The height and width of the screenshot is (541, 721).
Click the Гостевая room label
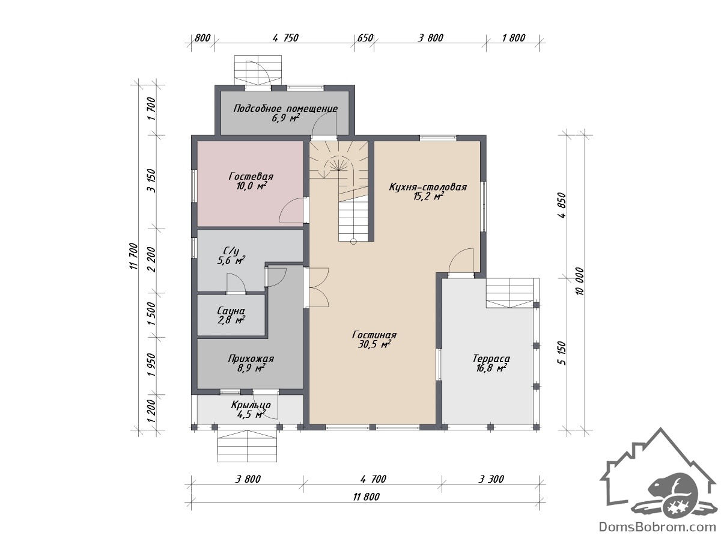click(x=251, y=176)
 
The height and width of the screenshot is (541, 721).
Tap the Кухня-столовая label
click(x=428, y=187)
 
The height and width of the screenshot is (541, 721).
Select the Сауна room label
click(x=231, y=310)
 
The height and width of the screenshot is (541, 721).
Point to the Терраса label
click(x=491, y=358)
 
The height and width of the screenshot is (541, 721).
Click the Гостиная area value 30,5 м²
click(x=374, y=344)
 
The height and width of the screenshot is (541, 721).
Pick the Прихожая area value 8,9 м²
click(x=251, y=368)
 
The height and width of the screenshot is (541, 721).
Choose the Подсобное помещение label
click(x=285, y=108)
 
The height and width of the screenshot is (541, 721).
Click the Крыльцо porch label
click(x=251, y=405)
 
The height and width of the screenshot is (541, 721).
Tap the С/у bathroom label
click(x=231, y=251)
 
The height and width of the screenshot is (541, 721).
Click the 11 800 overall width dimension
click(x=367, y=497)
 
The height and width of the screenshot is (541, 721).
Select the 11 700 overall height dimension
click(x=133, y=256)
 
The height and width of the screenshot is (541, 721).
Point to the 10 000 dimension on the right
click(x=580, y=281)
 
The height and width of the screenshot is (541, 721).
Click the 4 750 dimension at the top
click(x=285, y=38)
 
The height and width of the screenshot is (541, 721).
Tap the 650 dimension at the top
click(x=365, y=38)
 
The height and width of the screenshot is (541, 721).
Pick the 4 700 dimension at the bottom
click(x=373, y=479)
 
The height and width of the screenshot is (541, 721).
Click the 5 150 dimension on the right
click(x=562, y=353)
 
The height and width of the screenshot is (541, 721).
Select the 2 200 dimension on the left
click(x=151, y=260)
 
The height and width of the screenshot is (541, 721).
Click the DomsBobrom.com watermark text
click(x=657, y=527)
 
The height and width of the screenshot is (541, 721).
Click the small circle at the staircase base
click(x=353, y=242)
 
